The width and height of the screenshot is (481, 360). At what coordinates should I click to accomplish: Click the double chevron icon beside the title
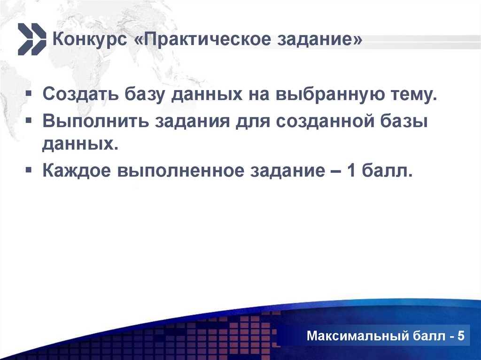pyautogui.click(x=32, y=39)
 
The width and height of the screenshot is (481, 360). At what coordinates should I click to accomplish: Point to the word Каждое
pyautogui.click(x=75, y=171)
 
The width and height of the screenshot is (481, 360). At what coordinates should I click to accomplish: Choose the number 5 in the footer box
pyautogui.click(x=460, y=337)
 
